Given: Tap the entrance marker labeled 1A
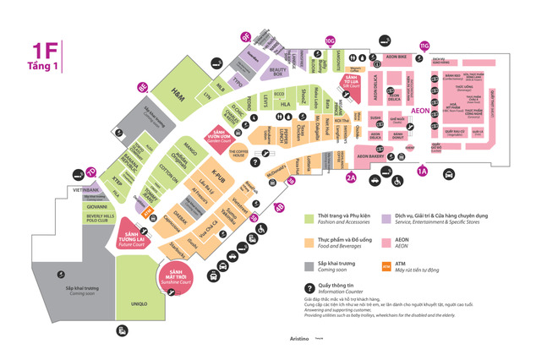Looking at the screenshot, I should pos(424,172).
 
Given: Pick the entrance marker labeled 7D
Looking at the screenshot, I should pos(90,172).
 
